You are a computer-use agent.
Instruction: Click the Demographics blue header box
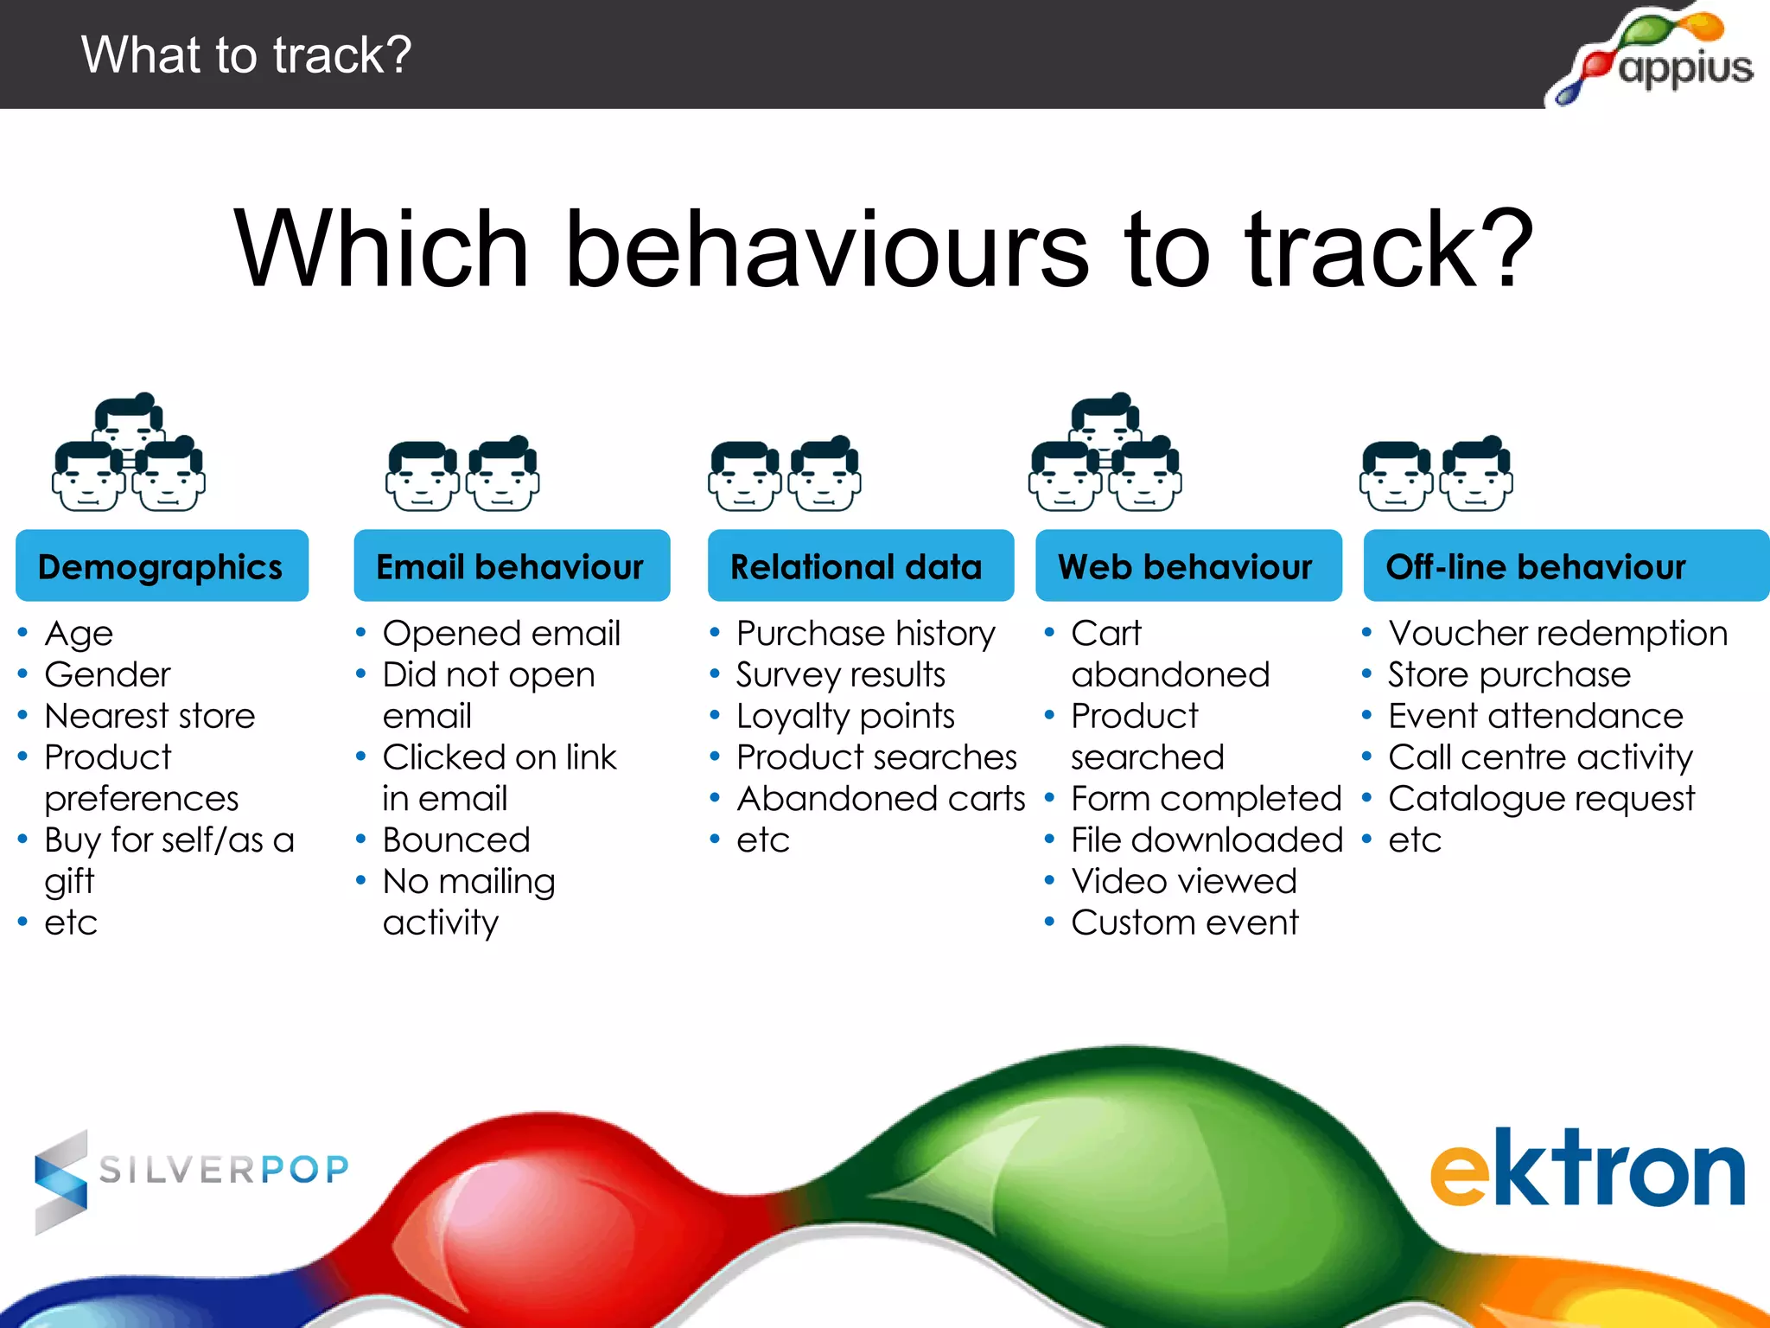(x=162, y=566)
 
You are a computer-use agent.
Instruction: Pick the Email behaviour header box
(x=512, y=566)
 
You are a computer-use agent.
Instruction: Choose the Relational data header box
(x=860, y=566)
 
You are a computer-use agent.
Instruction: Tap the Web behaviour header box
(x=1187, y=566)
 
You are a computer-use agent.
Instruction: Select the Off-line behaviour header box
(x=1564, y=566)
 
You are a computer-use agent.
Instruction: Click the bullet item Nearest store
(x=150, y=716)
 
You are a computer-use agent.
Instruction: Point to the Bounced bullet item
(x=456, y=840)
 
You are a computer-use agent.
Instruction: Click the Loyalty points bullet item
(x=845, y=716)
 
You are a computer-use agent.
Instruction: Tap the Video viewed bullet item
(x=1184, y=881)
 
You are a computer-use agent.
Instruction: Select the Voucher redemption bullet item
(x=1557, y=634)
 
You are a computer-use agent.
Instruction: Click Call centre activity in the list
(x=1540, y=757)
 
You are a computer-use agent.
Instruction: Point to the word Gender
(x=108, y=674)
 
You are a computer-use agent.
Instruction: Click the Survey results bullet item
(x=841, y=674)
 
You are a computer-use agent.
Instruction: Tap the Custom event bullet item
(x=1185, y=923)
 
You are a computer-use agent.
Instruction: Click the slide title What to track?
(x=246, y=54)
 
